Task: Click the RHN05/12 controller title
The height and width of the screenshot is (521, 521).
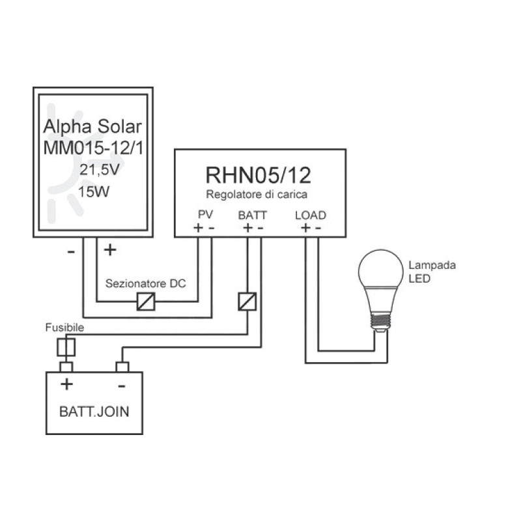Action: (260, 175)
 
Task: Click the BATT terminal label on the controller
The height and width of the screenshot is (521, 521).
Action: (253, 214)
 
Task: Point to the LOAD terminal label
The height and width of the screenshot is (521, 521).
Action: (311, 214)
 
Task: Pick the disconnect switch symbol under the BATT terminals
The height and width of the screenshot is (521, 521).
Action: (247, 301)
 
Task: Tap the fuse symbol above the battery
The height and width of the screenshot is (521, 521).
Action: (66, 346)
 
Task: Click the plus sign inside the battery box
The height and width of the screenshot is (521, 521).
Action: (66, 384)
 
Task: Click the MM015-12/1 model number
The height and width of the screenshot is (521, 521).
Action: (95, 149)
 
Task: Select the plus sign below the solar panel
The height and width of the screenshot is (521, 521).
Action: (110, 249)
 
